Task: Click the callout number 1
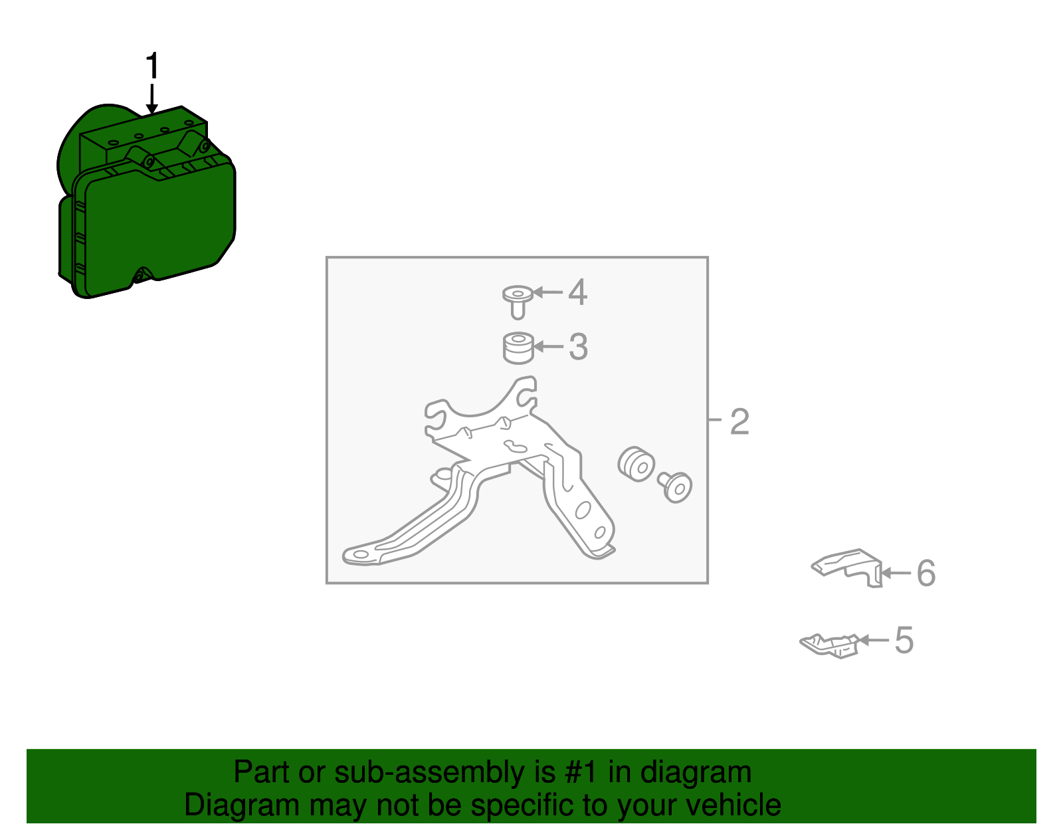[153, 65]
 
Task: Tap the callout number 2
[739, 421]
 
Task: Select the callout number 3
[578, 347]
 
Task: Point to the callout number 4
[578, 292]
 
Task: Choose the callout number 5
[904, 640]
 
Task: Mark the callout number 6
[926, 573]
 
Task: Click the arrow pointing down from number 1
[152, 99]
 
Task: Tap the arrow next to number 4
[547, 292]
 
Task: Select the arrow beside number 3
[548, 347]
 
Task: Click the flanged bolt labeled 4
[518, 301]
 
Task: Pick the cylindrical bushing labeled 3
[518, 348]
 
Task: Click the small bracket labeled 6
[847, 568]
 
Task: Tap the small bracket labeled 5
[830, 646]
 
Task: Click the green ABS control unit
[147, 201]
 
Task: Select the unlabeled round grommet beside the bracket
[636, 464]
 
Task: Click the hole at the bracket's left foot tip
[361, 554]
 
